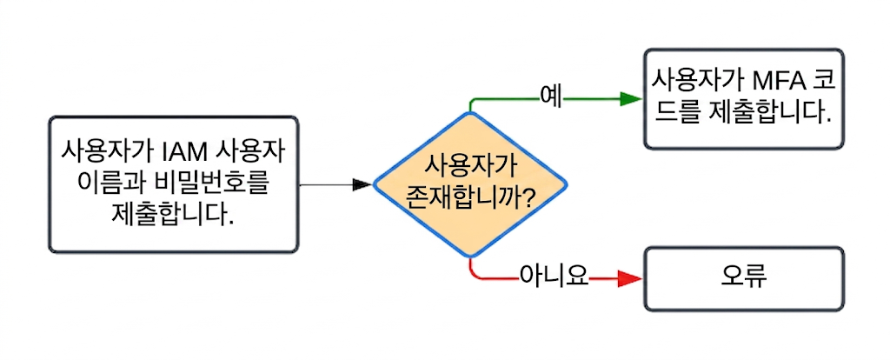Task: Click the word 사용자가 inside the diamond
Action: (470, 163)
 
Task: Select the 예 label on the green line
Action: (548, 94)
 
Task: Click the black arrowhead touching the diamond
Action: (362, 184)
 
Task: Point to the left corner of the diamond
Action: (375, 184)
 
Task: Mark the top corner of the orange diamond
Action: (470, 113)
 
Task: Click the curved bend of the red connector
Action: (474, 275)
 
